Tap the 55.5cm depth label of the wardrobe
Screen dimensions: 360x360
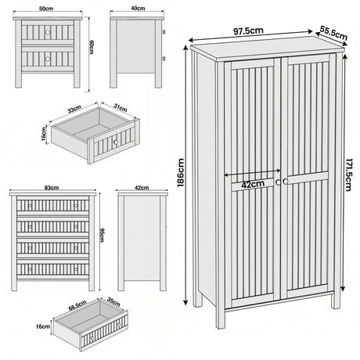[x=333, y=34]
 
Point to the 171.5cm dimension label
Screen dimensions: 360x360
[x=351, y=175]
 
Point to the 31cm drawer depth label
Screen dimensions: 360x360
[x=121, y=107]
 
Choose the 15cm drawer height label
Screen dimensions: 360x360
[x=45, y=133]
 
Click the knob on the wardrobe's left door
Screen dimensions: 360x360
[x=277, y=182]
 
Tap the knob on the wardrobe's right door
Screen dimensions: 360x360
[x=286, y=182]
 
